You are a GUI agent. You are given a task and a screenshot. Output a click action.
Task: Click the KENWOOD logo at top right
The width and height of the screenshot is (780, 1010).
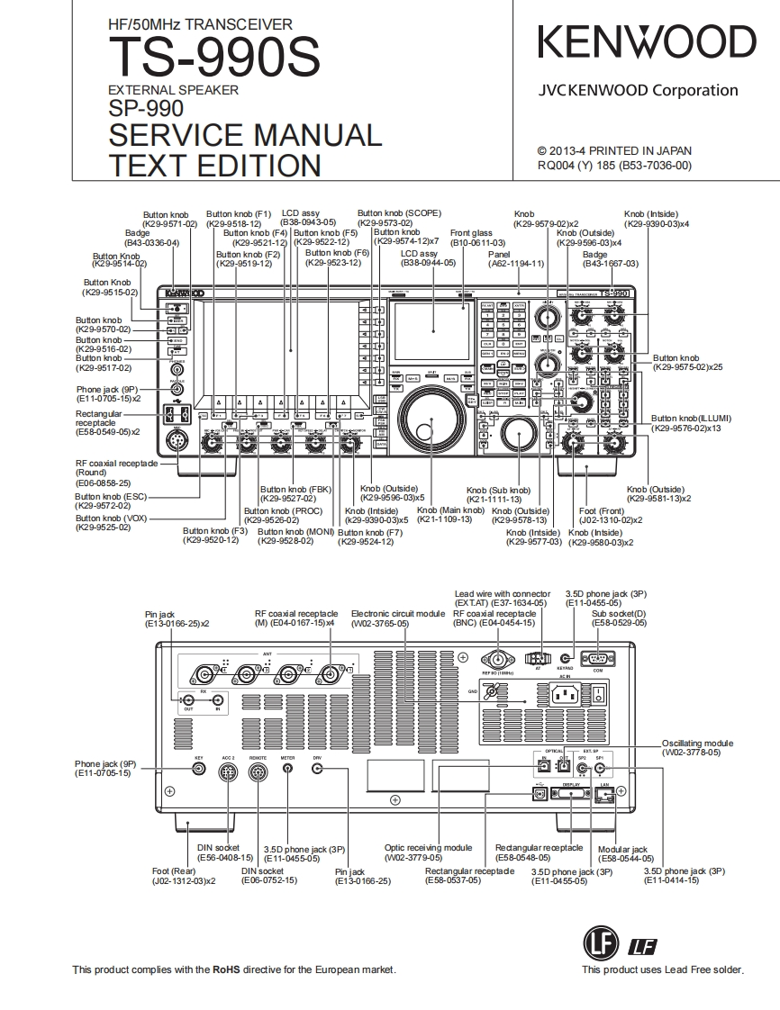click(x=647, y=43)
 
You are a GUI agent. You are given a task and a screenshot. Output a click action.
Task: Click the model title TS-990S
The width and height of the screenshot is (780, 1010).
click(x=213, y=59)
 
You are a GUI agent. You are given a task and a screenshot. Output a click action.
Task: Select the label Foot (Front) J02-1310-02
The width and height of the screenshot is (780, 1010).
click(x=610, y=515)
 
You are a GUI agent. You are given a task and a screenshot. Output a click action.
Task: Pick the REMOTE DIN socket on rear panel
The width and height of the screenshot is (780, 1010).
click(x=258, y=775)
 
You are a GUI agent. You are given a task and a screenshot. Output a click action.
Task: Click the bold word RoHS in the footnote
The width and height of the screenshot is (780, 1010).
click(x=226, y=969)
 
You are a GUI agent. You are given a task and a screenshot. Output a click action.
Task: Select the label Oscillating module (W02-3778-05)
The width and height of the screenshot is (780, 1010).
click(x=697, y=747)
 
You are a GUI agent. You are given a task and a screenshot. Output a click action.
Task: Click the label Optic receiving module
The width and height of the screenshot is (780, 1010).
click(x=428, y=848)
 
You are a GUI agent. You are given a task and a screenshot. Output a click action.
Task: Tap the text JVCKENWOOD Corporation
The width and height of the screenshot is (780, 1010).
click(x=638, y=90)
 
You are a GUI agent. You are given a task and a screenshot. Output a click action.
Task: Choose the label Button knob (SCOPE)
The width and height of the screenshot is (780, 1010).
click(x=399, y=214)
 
